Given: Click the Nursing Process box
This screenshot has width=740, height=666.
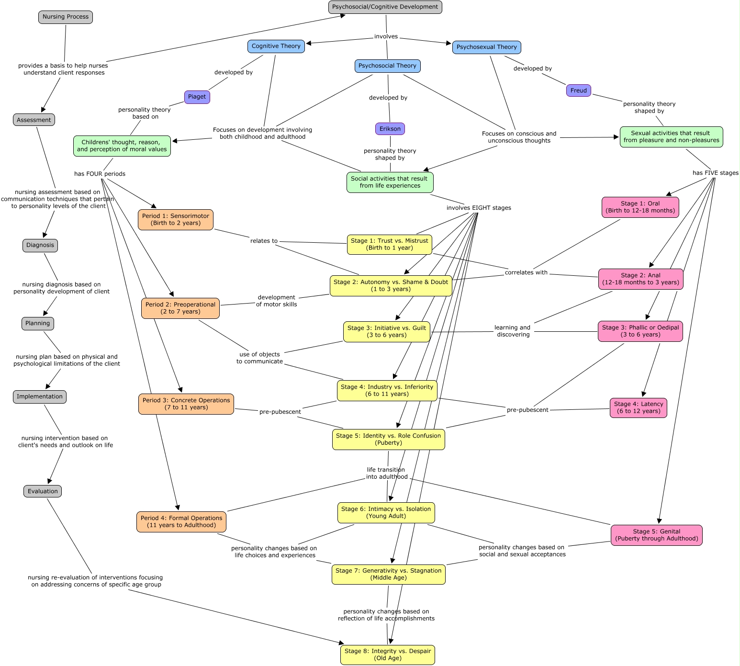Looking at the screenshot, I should [x=66, y=17].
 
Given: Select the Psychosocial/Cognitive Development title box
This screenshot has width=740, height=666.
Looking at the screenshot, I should [x=385, y=7].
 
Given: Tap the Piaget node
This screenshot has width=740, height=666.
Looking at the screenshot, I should [x=197, y=97].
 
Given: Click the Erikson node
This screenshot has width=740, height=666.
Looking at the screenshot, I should [x=390, y=129].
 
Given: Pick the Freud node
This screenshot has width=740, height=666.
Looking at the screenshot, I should [x=578, y=90].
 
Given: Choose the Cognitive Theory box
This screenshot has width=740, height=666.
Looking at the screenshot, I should [x=276, y=46].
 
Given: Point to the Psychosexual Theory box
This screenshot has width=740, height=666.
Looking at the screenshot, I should [x=486, y=47].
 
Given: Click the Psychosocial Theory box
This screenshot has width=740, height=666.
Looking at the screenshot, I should [x=387, y=66].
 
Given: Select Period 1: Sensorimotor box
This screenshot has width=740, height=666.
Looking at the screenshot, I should [x=175, y=220].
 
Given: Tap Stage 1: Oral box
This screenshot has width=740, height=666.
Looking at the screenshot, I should [x=640, y=207].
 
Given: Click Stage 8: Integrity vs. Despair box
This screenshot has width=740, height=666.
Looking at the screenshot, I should [x=387, y=655].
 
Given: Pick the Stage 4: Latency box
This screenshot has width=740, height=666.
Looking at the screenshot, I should [x=638, y=408].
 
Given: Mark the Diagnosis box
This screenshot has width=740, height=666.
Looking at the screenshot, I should [x=40, y=246].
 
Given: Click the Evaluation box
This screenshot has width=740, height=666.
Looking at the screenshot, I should [x=43, y=491].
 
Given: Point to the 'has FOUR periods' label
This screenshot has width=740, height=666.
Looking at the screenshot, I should [x=100, y=174].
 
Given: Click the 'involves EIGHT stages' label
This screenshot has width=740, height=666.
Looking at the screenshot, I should [x=479, y=208].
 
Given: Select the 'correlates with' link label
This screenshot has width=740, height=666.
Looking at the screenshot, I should [x=526, y=272].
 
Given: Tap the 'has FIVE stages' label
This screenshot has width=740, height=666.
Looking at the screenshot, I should [x=715, y=173].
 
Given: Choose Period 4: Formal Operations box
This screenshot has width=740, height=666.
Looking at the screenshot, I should [x=181, y=522].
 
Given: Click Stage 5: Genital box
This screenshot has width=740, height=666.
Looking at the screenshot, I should [x=656, y=535].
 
